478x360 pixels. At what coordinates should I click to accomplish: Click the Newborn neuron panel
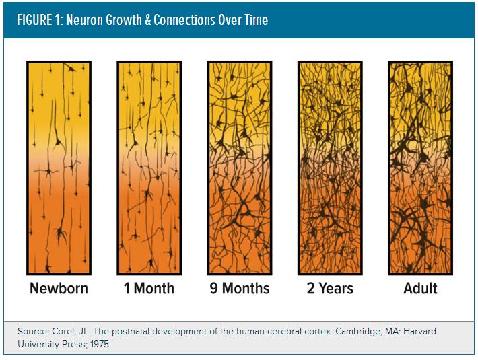tap(59, 168)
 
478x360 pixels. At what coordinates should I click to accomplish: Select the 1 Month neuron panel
tap(149, 168)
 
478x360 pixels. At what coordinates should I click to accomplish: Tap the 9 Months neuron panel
tap(239, 168)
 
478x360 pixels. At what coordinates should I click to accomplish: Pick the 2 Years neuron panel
tap(330, 168)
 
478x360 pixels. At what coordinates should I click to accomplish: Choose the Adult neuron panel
tap(420, 168)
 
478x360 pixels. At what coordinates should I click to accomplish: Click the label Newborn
tap(59, 289)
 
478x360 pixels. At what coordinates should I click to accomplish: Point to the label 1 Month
tap(149, 289)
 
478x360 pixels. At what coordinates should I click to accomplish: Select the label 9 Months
tap(239, 289)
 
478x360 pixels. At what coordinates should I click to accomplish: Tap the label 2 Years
tap(330, 289)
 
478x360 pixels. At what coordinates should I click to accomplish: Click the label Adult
tap(420, 289)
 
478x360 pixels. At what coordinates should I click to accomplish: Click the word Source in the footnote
tap(34, 332)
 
